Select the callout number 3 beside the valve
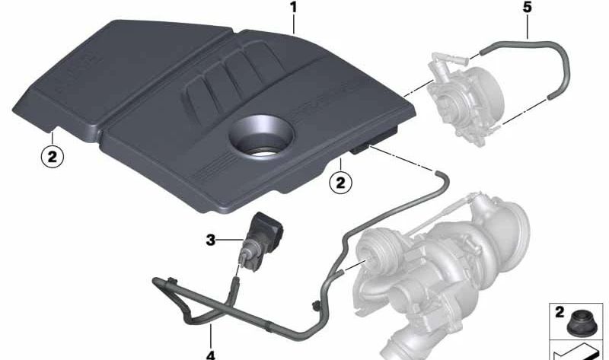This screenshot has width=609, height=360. point(211,241)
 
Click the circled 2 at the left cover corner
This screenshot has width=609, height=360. point(50,158)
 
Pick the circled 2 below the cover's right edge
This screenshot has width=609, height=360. point(340,182)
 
